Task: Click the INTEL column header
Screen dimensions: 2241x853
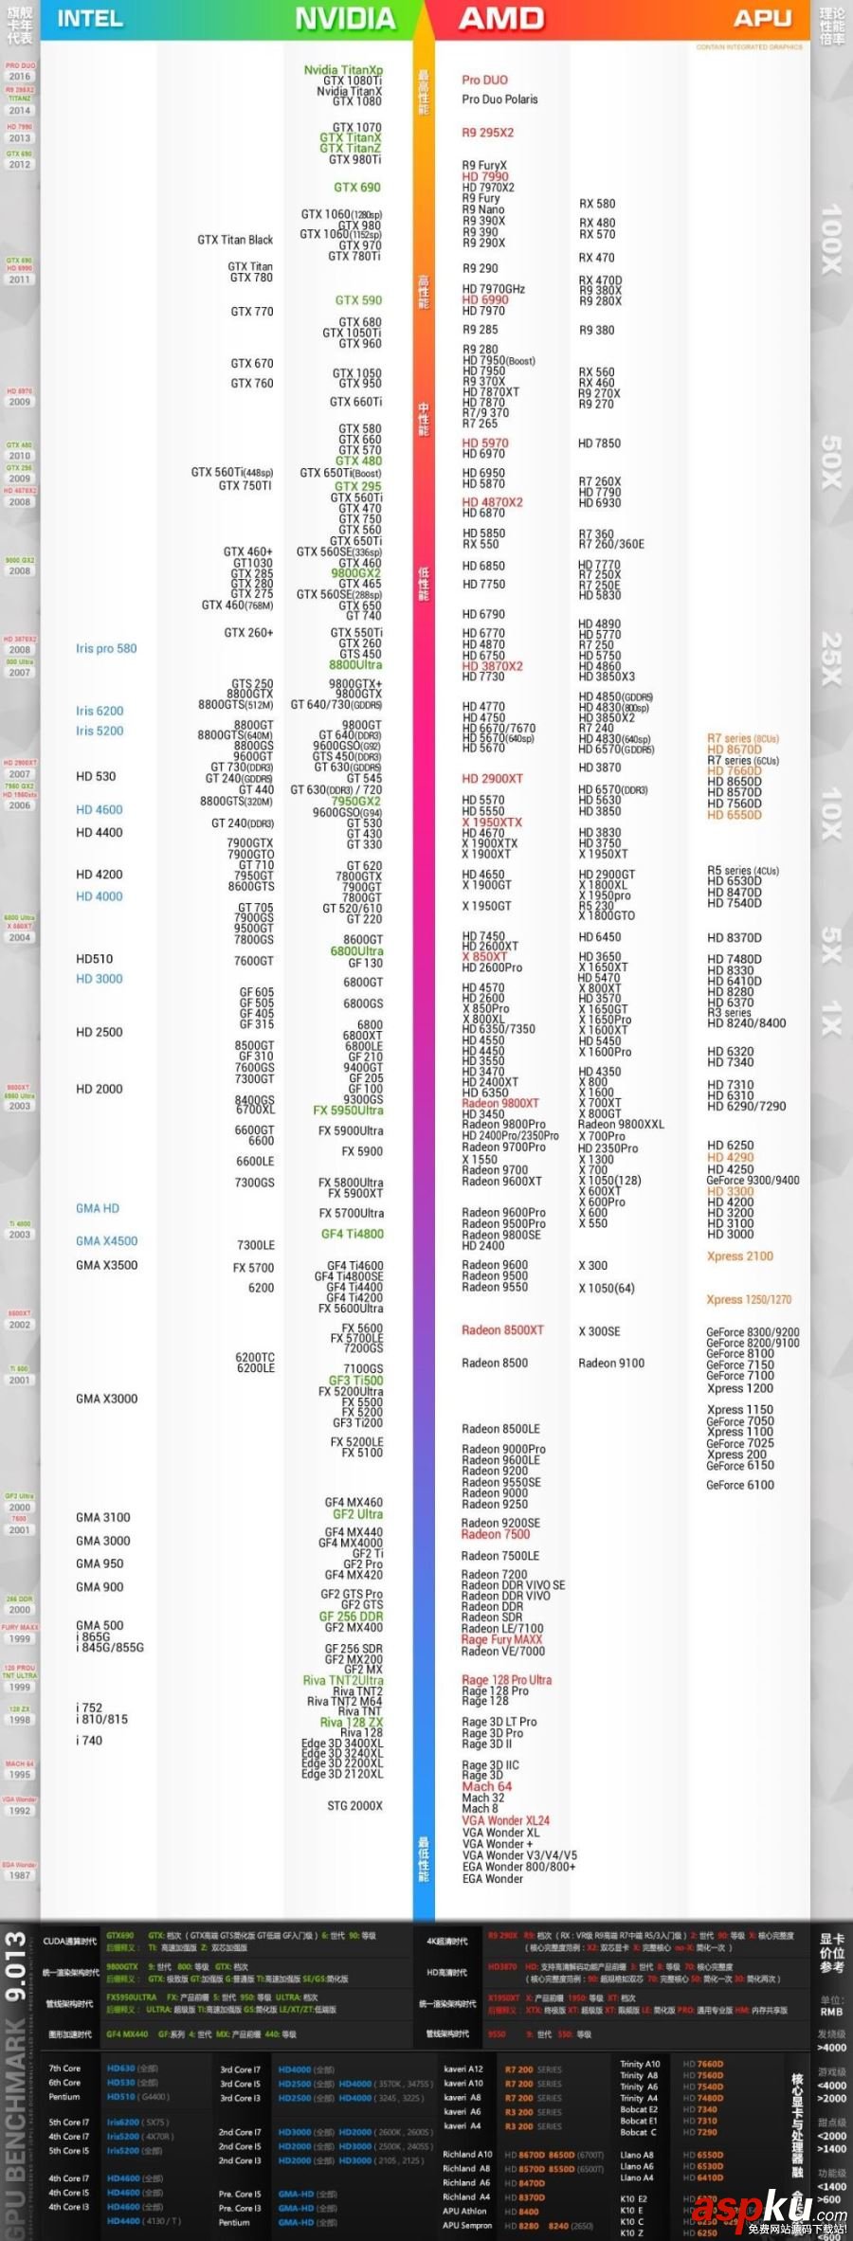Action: pyautogui.click(x=90, y=19)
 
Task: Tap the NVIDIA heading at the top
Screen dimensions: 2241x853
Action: pyautogui.click(x=345, y=19)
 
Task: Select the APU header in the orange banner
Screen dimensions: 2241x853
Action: pyautogui.click(x=762, y=19)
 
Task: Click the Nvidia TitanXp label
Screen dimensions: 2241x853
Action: pyautogui.click(x=343, y=70)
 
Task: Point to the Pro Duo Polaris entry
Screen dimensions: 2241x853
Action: pyautogui.click(x=499, y=99)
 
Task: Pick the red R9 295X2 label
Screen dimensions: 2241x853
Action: pyautogui.click(x=488, y=133)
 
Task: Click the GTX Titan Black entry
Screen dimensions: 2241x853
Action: pyautogui.click(x=235, y=240)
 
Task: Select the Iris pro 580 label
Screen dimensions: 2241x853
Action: pyautogui.click(x=106, y=649)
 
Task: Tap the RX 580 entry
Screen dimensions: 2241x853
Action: pyautogui.click(x=597, y=204)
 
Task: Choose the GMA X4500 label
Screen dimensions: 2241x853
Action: pyautogui.click(x=106, y=1241)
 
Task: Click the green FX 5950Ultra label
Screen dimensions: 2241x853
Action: pyautogui.click(x=348, y=1111)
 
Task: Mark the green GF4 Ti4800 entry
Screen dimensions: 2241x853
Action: pyautogui.click(x=353, y=1234)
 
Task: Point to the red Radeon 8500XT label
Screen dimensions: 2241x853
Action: pyautogui.click(x=502, y=1330)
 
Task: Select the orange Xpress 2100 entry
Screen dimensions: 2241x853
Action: pyautogui.click(x=739, y=1256)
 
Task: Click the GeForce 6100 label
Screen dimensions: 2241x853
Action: pyautogui.click(x=739, y=1485)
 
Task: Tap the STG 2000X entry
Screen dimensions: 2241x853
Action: pyautogui.click(x=355, y=1806)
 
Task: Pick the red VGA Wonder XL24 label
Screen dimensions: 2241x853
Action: pyautogui.click(x=505, y=1820)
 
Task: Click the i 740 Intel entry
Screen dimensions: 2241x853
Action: pyautogui.click(x=89, y=1741)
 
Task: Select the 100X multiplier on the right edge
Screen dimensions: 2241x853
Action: pyautogui.click(x=831, y=239)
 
